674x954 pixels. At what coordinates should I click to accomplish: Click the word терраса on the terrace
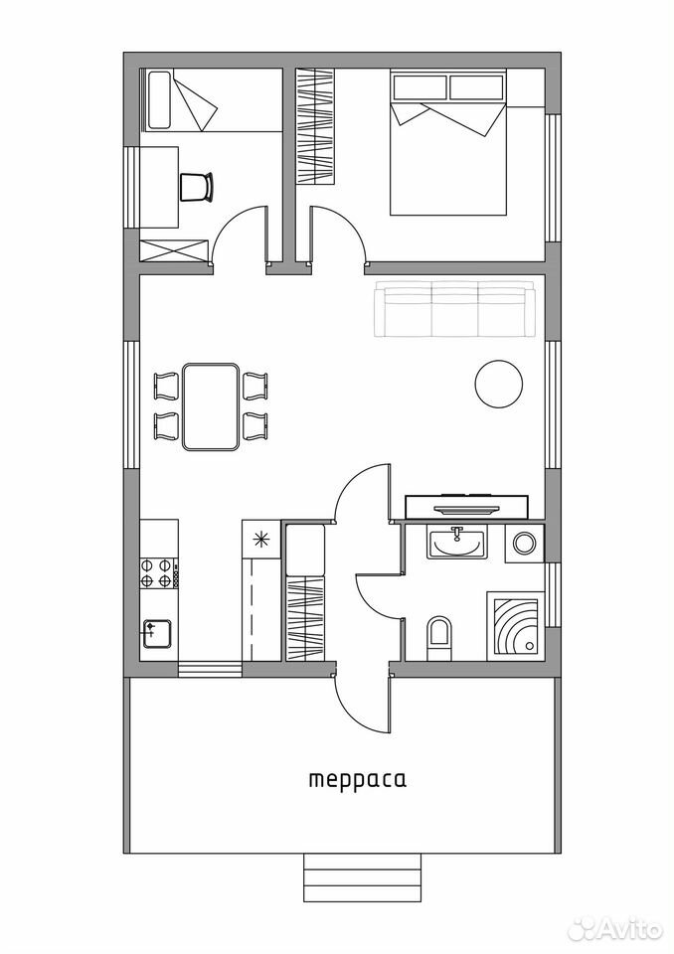pos(358,780)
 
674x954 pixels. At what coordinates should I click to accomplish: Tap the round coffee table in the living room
pos(499,384)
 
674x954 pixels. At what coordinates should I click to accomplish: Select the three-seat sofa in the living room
pos(455,308)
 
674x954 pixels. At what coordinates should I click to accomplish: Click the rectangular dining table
pos(210,406)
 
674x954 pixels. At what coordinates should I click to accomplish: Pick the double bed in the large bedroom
pos(448,143)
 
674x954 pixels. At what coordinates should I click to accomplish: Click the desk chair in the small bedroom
pos(197,186)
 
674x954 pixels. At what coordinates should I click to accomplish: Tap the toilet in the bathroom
pos(439,638)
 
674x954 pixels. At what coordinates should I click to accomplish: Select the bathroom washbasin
pos(457,543)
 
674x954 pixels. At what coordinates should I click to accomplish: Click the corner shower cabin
pos(515,626)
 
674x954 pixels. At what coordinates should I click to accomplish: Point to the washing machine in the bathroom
pos(524,542)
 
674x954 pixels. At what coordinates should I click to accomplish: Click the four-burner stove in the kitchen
pos(159,572)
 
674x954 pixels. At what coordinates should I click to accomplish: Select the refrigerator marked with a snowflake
pos(261,539)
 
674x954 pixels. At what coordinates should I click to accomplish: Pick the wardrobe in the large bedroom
pos(316,126)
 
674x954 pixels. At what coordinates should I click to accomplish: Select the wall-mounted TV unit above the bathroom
pos(466,507)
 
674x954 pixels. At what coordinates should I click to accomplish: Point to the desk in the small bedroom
pos(159,187)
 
